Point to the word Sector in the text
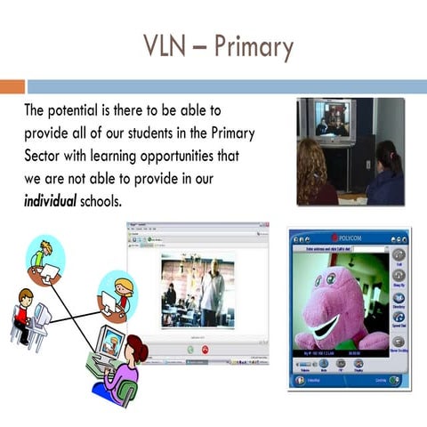(45, 156)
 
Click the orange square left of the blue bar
(12, 86)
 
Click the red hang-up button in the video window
(204, 350)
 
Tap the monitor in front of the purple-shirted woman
(109, 342)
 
